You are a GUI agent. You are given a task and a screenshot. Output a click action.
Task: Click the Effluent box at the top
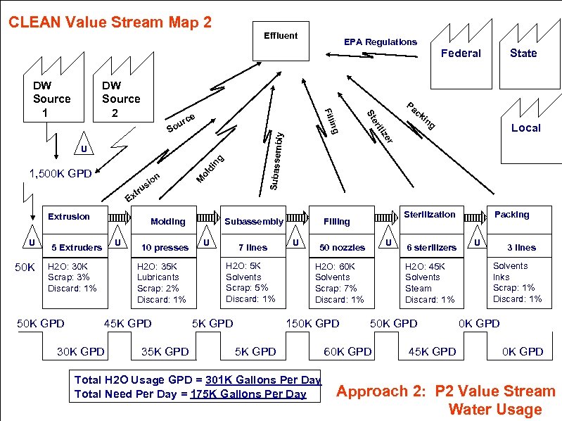[x=281, y=36]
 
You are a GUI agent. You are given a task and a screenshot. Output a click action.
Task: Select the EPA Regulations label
[x=380, y=42]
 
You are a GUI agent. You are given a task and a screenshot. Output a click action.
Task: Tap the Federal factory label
[x=461, y=54]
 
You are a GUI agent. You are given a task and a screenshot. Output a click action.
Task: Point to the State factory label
[x=523, y=54]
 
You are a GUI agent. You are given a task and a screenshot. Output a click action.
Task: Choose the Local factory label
[x=525, y=127]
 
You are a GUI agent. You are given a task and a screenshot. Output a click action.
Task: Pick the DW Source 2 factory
[x=121, y=99]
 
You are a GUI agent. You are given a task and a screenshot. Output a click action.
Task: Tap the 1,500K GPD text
[x=60, y=173]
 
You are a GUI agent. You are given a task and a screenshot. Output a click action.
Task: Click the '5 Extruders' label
[x=77, y=248]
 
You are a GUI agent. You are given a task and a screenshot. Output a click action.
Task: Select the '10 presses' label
[x=165, y=248]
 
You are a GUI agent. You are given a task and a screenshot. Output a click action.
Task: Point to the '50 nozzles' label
[x=342, y=248]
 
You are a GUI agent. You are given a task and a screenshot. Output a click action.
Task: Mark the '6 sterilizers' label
[x=431, y=248]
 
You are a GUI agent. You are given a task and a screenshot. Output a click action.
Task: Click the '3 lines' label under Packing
[x=521, y=248]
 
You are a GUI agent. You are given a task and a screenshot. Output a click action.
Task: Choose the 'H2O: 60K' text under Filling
[x=335, y=267]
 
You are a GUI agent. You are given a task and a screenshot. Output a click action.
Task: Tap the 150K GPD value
[x=312, y=324]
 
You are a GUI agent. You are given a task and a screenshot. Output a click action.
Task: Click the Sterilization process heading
[x=429, y=215]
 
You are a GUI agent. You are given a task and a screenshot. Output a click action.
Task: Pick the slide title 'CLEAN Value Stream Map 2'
[x=110, y=22]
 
